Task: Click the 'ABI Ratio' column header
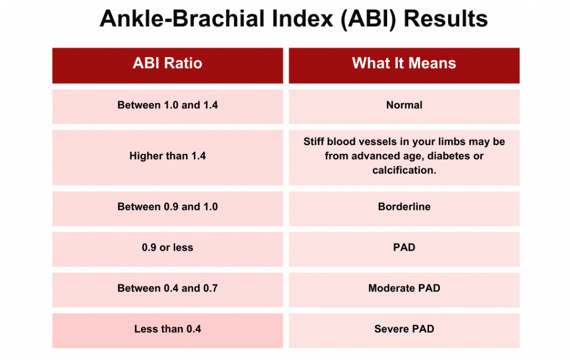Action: click(168, 64)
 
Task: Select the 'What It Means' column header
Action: click(404, 64)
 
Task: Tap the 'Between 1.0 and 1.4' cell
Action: click(168, 105)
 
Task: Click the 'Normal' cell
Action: click(404, 105)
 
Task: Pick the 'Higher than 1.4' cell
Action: click(168, 156)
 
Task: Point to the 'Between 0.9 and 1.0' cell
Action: click(168, 207)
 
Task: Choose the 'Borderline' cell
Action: click(404, 207)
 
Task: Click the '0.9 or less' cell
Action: click(168, 247)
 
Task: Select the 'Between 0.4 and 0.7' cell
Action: click(168, 288)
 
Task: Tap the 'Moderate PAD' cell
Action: click(404, 288)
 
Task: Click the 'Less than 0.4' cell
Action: click(168, 329)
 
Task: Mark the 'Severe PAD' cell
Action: click(404, 329)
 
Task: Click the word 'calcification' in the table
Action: click(404, 170)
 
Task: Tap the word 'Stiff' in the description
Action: click(314, 142)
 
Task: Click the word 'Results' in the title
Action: click(445, 19)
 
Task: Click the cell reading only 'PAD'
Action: click(404, 247)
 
